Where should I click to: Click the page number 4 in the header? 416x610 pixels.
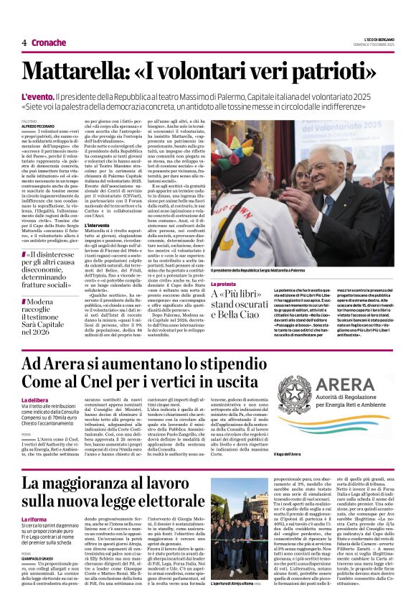pos(24,43)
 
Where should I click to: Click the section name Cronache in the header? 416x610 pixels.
pos(48,43)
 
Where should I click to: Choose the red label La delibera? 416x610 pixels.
pos(36,399)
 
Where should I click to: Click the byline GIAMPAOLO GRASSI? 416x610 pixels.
pos(42,556)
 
